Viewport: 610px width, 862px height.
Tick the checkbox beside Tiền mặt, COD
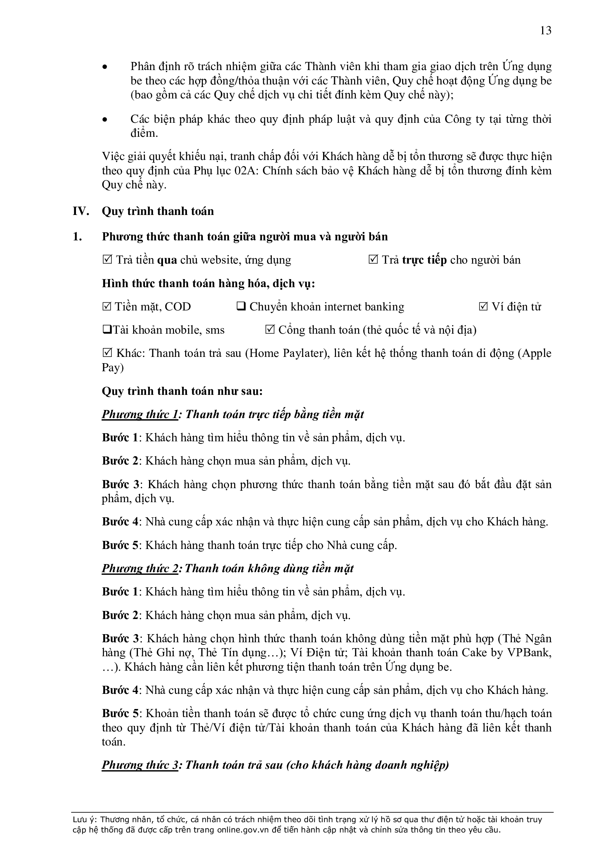(x=107, y=307)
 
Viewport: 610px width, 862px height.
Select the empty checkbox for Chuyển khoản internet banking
(x=241, y=307)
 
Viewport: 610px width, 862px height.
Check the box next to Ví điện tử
(x=484, y=307)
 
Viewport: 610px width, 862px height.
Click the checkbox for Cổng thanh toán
(x=270, y=330)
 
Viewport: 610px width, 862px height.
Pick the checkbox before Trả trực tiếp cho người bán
(x=373, y=260)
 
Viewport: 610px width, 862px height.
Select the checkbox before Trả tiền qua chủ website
(x=107, y=260)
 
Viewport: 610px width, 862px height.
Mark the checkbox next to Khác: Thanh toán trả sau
(x=107, y=353)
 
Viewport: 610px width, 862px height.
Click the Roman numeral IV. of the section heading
(x=81, y=211)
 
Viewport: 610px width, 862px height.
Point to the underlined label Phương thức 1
(x=140, y=414)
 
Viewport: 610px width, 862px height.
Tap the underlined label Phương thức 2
(x=140, y=569)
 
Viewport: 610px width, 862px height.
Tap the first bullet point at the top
(x=105, y=67)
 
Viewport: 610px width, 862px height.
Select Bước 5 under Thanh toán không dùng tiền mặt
(x=120, y=713)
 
